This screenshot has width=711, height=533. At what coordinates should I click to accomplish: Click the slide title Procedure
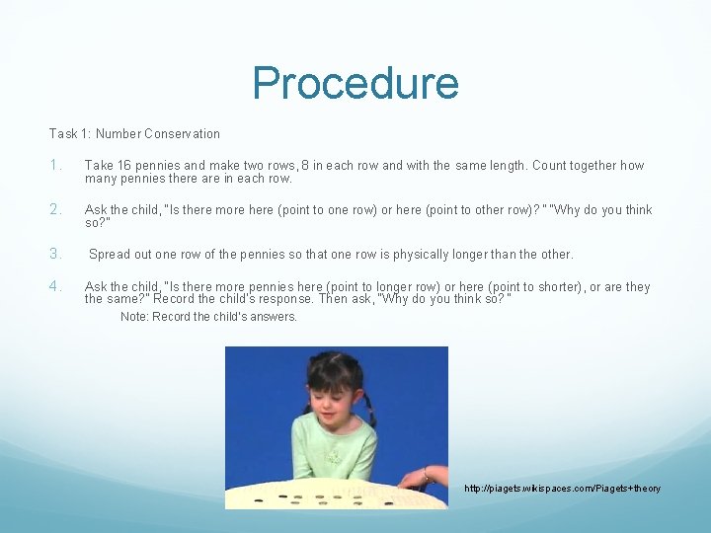pos(355,84)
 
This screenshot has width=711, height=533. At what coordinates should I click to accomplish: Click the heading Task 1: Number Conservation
pos(134,133)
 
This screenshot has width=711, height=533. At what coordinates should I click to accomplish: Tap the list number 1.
pos(56,166)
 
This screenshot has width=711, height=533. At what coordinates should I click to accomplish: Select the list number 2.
pos(56,210)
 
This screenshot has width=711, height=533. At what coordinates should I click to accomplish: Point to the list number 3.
pos(56,254)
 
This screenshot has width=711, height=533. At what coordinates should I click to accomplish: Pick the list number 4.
pos(56,286)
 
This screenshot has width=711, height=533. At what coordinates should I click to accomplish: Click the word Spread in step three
pos(110,255)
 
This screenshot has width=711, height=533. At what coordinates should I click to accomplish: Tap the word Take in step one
pos(100,166)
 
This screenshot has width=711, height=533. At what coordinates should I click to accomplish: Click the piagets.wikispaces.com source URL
pos(562,489)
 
